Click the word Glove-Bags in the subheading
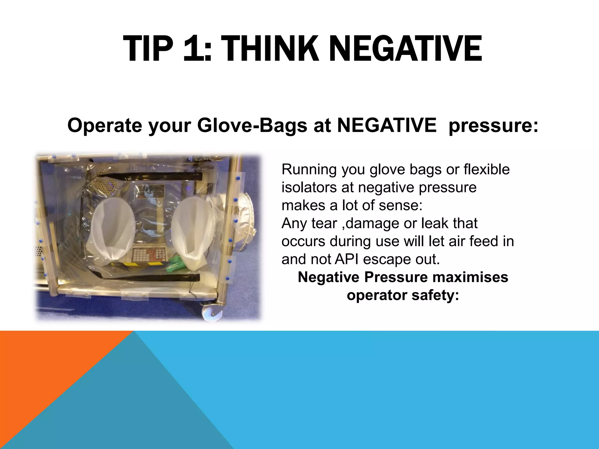tap(252, 126)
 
